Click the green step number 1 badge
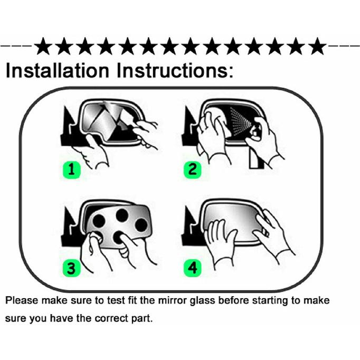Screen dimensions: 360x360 tap(72, 169)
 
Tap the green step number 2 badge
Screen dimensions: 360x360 tap(192, 169)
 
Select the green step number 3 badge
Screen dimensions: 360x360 tap(72, 268)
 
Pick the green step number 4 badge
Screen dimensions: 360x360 tap(192, 268)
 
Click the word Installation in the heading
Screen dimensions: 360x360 tap(57, 71)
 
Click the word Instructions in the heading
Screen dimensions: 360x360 tap(175, 71)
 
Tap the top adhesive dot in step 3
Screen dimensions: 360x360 tap(122, 215)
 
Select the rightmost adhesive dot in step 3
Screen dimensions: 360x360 tap(141, 225)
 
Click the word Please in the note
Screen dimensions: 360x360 tap(22, 300)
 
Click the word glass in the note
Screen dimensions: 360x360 tap(202, 301)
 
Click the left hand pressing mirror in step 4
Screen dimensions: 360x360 tap(221, 241)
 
